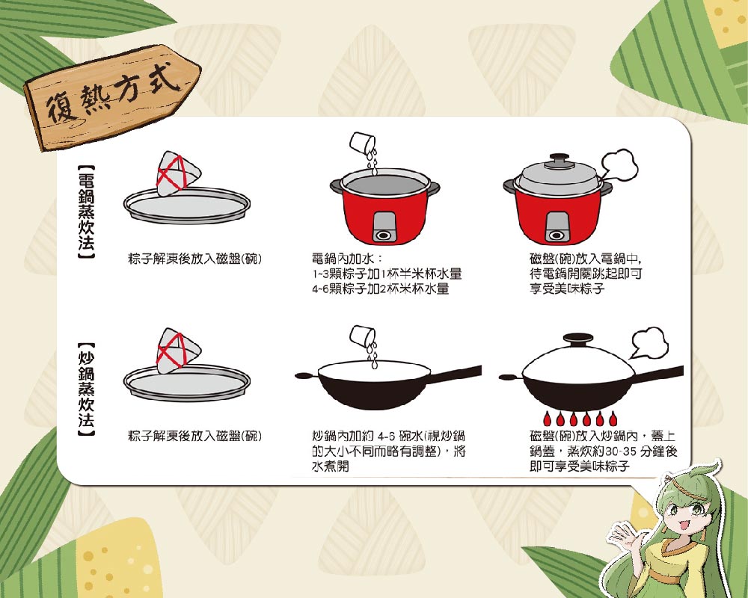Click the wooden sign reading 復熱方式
(x=112, y=97)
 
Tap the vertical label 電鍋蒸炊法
(x=86, y=212)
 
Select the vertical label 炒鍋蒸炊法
(x=86, y=389)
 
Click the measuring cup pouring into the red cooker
(x=363, y=143)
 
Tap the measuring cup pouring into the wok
(x=363, y=336)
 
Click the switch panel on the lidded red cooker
(x=557, y=227)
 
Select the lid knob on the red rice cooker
(x=560, y=158)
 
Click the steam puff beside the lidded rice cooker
(x=619, y=166)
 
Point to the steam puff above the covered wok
(x=649, y=342)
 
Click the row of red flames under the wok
(x=580, y=418)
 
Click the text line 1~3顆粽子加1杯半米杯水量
(x=387, y=274)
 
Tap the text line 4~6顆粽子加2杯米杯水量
(x=381, y=289)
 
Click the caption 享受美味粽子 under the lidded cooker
(x=567, y=289)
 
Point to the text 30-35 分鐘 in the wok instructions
(x=635, y=451)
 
